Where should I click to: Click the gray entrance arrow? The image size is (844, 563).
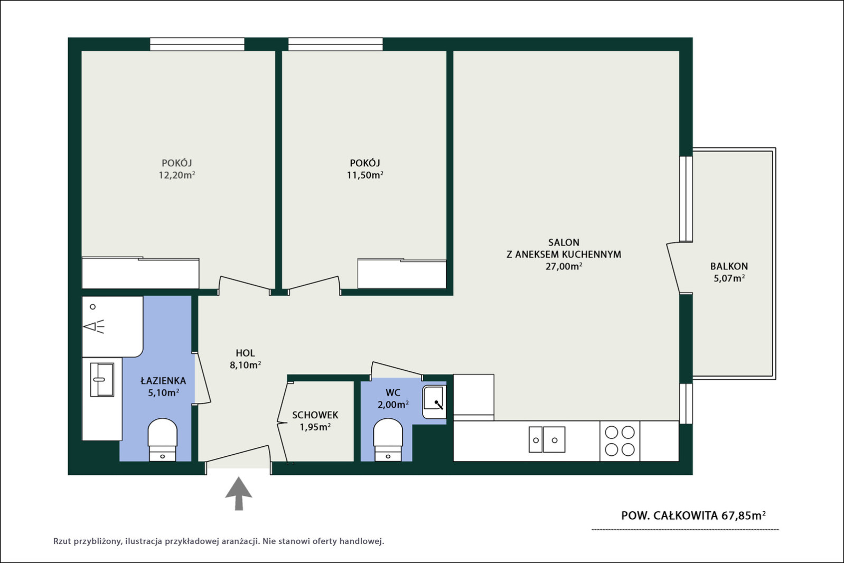pyautogui.click(x=239, y=494)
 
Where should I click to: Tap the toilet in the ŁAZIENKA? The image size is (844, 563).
pyautogui.click(x=162, y=439)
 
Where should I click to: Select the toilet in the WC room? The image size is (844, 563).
pyautogui.click(x=388, y=439)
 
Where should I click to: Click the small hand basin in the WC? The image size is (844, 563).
pyautogui.click(x=434, y=402)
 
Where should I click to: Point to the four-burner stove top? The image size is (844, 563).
pyautogui.click(x=620, y=441)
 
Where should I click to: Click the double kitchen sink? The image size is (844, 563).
pyautogui.click(x=547, y=439)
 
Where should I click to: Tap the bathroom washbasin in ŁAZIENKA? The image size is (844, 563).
pyautogui.click(x=102, y=380)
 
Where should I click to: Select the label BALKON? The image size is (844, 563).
pyautogui.click(x=729, y=266)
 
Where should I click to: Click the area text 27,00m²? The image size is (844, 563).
pyautogui.click(x=564, y=266)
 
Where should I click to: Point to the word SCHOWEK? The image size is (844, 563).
pyautogui.click(x=315, y=415)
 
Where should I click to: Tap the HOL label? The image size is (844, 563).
pyautogui.click(x=245, y=353)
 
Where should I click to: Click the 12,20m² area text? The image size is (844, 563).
pyautogui.click(x=177, y=175)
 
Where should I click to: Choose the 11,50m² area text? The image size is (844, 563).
pyautogui.click(x=365, y=175)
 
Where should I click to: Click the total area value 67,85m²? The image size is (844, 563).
pyautogui.click(x=744, y=515)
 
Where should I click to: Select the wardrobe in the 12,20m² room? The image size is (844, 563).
pyautogui.click(x=140, y=273)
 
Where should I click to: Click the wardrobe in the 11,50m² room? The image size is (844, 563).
pyautogui.click(x=402, y=274)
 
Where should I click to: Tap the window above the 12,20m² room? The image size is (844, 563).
pyautogui.click(x=197, y=44)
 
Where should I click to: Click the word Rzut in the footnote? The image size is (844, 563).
pyautogui.click(x=62, y=541)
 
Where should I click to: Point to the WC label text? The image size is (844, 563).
pyautogui.click(x=393, y=392)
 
